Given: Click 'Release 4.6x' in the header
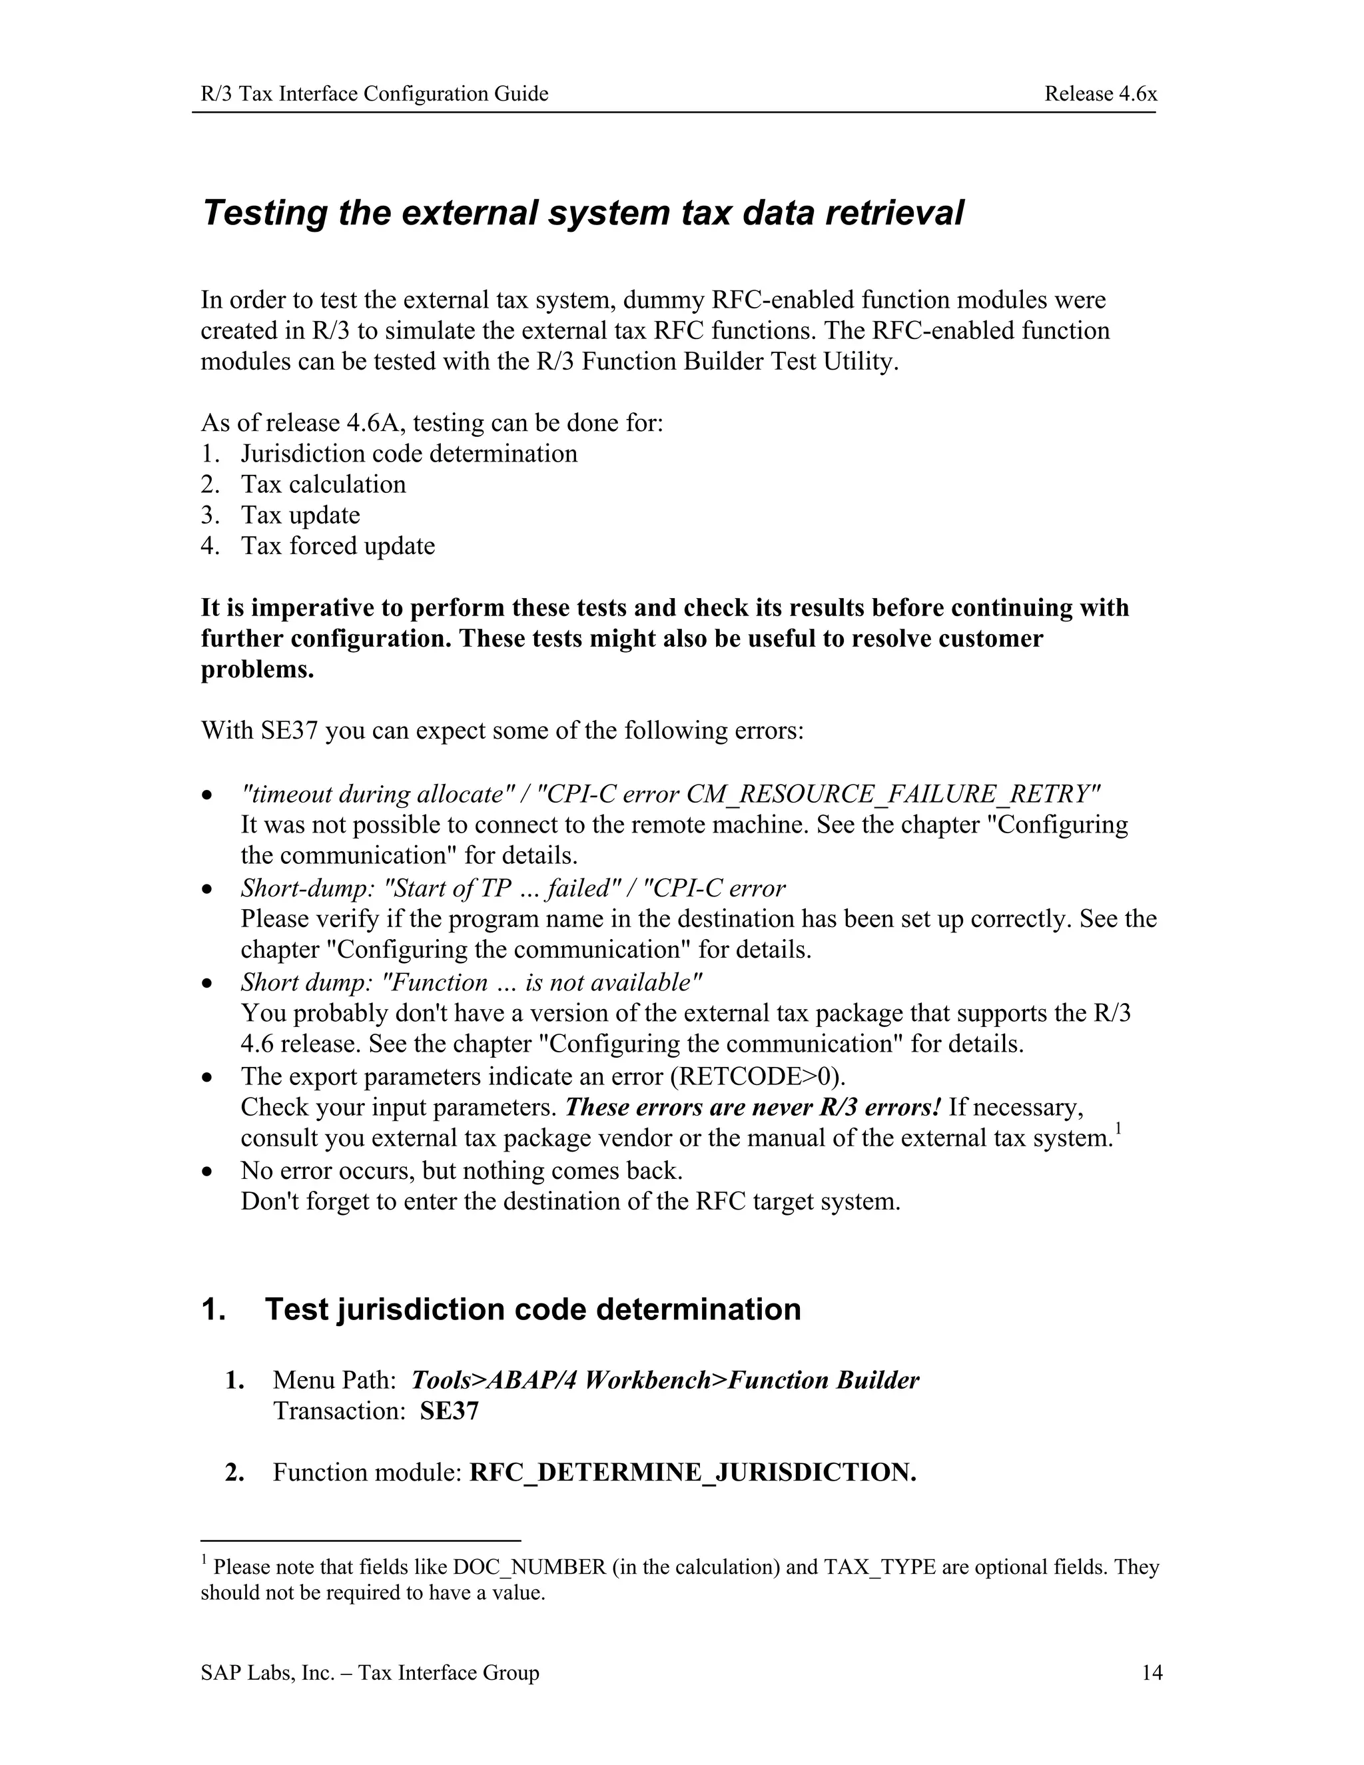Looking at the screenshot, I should point(1100,94).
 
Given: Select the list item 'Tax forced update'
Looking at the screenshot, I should point(338,545).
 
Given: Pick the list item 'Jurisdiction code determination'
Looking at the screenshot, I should point(409,454).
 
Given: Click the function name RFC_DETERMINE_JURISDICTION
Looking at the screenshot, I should point(693,1472).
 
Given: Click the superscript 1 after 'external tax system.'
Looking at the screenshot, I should point(1118,1129).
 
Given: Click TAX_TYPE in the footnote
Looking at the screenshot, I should point(879,1567).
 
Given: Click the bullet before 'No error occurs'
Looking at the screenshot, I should point(208,1171).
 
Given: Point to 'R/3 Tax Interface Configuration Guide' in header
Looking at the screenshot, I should point(374,94).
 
